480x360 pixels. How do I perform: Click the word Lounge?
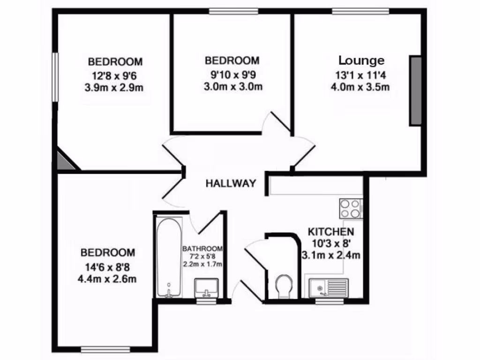[x=361, y=60]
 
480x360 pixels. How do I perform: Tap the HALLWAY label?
[x=231, y=183]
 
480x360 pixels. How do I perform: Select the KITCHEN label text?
[x=330, y=232]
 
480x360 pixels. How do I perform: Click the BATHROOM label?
[x=202, y=248]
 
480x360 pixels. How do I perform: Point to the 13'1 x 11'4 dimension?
[x=361, y=74]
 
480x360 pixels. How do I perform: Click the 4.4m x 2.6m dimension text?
[x=107, y=279]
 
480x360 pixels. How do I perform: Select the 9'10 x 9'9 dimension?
[x=232, y=74]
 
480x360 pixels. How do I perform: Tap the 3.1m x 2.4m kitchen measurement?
[x=331, y=255]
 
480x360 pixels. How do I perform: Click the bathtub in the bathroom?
[x=168, y=255]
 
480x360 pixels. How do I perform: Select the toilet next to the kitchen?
[x=284, y=286]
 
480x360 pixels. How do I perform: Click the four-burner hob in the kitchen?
[x=351, y=208]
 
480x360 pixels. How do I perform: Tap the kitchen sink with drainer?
[x=327, y=286]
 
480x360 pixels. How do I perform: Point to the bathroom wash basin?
[x=206, y=287]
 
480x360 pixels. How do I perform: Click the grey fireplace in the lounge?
[x=415, y=90]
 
